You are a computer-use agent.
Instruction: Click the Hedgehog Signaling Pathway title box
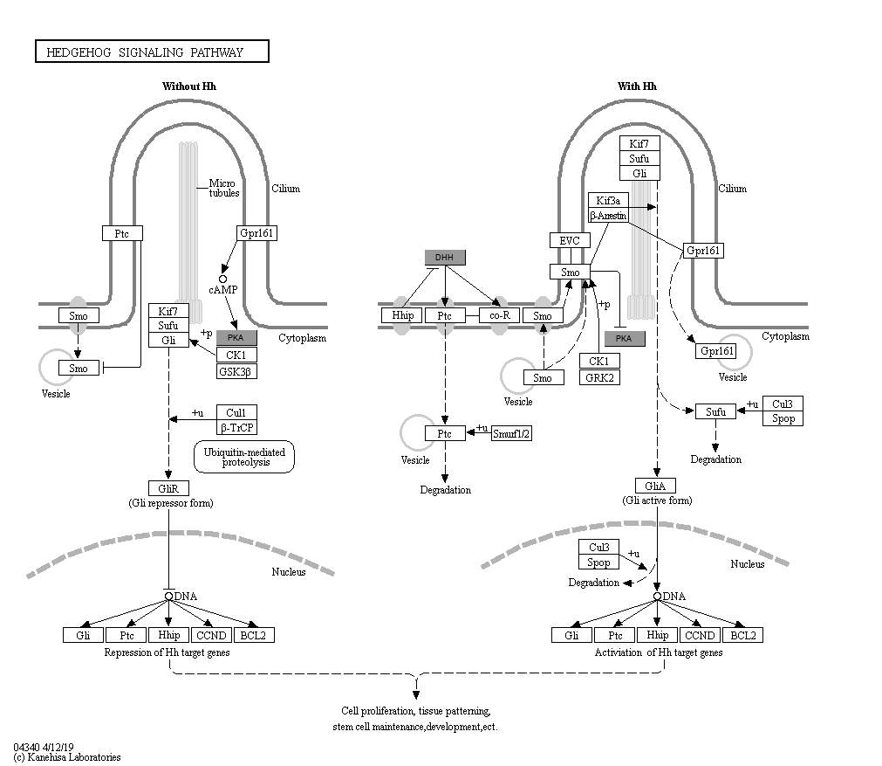click(x=152, y=52)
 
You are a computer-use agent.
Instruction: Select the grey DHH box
click(x=445, y=258)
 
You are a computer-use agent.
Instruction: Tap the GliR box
click(x=168, y=488)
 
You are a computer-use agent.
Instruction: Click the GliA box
click(x=655, y=486)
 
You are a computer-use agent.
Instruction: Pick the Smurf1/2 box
click(x=511, y=433)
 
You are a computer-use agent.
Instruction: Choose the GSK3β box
click(x=236, y=371)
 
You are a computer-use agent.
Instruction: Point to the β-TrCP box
click(x=236, y=427)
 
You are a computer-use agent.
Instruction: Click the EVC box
click(x=570, y=240)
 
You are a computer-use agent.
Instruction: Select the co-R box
click(x=499, y=315)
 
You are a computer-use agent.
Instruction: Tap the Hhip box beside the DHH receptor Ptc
click(x=401, y=315)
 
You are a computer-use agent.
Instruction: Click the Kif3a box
click(x=608, y=200)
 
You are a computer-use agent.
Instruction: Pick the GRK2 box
click(x=599, y=377)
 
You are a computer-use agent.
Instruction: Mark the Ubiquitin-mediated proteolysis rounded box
click(x=244, y=457)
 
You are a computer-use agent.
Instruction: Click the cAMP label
click(x=222, y=290)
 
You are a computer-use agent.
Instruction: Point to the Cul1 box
click(x=236, y=412)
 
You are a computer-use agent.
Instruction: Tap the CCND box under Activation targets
click(x=700, y=635)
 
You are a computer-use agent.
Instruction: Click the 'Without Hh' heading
click(x=189, y=86)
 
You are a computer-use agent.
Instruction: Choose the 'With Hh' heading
click(x=637, y=86)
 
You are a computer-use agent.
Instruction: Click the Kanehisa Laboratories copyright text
click(x=67, y=757)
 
